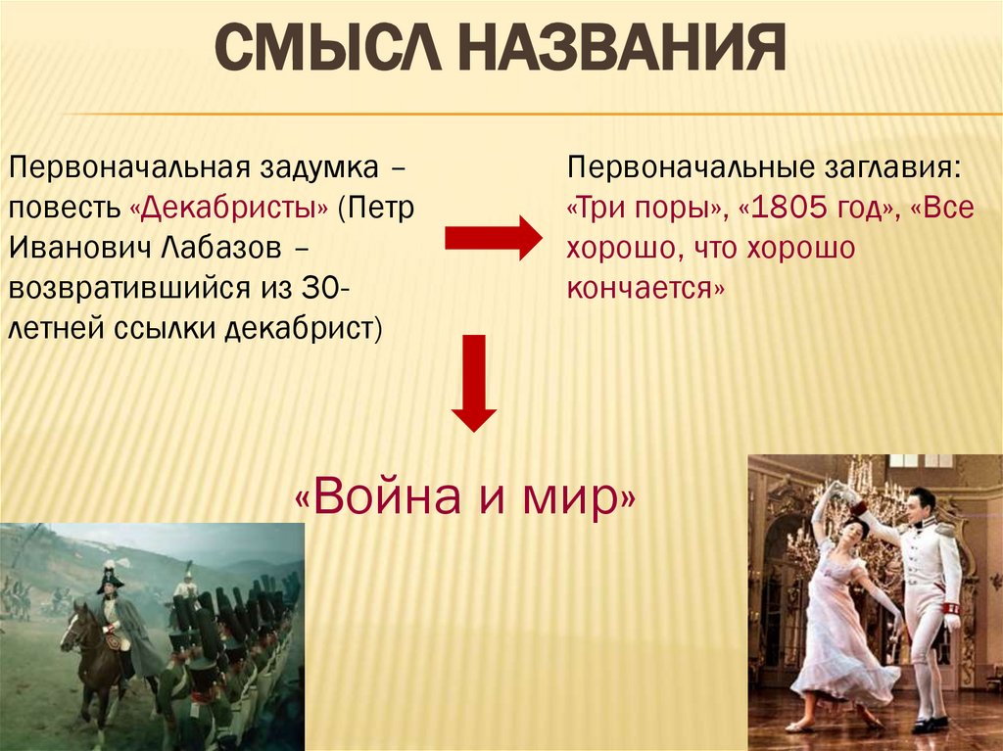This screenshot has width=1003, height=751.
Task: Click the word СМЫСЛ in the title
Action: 328,47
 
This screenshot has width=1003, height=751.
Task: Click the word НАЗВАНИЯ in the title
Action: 622,47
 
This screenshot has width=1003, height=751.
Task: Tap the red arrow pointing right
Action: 494,238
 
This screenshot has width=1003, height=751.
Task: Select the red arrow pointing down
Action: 474,383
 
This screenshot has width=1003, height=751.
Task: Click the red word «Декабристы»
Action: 229,208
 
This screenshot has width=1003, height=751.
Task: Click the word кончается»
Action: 646,289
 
